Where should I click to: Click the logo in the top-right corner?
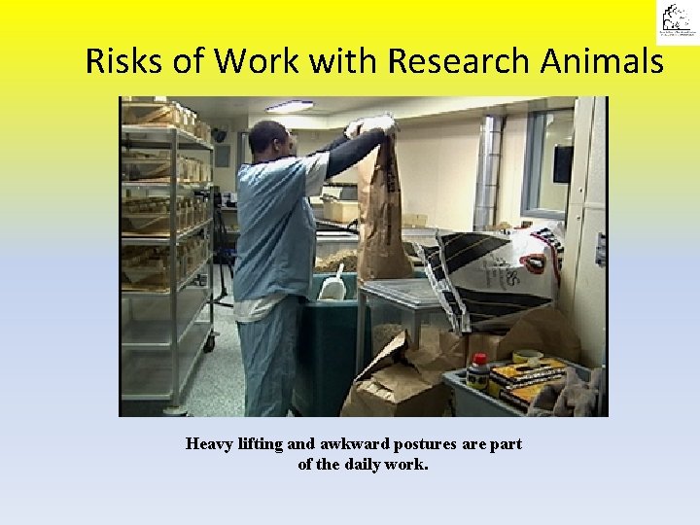[675, 21]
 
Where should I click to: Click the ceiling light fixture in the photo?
[289, 106]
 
